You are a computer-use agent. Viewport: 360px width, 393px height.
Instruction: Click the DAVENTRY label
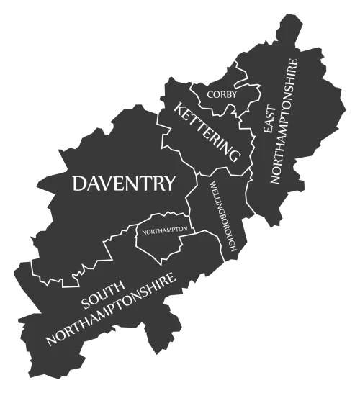coord(123,184)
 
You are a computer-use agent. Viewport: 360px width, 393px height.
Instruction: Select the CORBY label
coord(221,94)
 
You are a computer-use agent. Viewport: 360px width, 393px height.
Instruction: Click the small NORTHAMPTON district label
coord(165,230)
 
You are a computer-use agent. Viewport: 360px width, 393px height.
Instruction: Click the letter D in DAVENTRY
coord(80,184)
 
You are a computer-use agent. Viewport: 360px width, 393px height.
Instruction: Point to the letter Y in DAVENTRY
coord(168,184)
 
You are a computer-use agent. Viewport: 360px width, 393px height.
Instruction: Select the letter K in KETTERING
coord(178,109)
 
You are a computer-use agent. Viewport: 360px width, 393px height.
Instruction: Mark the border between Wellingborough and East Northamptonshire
coord(248,194)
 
